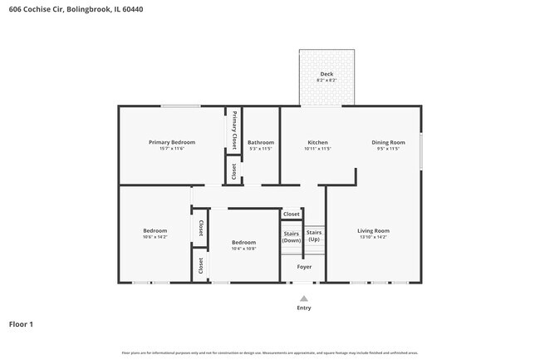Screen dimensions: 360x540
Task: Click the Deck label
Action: click(x=326, y=74)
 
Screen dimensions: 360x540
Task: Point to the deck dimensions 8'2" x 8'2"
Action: click(x=326, y=81)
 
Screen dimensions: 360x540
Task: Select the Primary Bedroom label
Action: click(x=170, y=142)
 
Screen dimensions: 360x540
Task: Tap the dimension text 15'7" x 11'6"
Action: click(x=170, y=150)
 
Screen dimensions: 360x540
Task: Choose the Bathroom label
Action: click(x=260, y=142)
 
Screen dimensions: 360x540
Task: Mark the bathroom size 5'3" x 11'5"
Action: click(x=260, y=150)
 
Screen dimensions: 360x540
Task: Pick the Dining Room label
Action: click(x=388, y=142)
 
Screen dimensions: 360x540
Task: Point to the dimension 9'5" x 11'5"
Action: click(x=388, y=150)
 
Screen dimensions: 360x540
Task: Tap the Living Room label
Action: click(x=373, y=230)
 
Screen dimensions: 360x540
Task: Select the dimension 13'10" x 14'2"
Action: click(x=373, y=238)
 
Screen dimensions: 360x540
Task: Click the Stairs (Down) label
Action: click(x=292, y=236)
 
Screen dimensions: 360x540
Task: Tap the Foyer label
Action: click(x=304, y=267)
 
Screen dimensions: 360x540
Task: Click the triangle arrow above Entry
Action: click(x=304, y=298)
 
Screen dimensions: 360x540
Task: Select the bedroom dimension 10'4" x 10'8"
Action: click(x=243, y=249)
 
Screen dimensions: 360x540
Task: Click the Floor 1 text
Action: click(x=22, y=323)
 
